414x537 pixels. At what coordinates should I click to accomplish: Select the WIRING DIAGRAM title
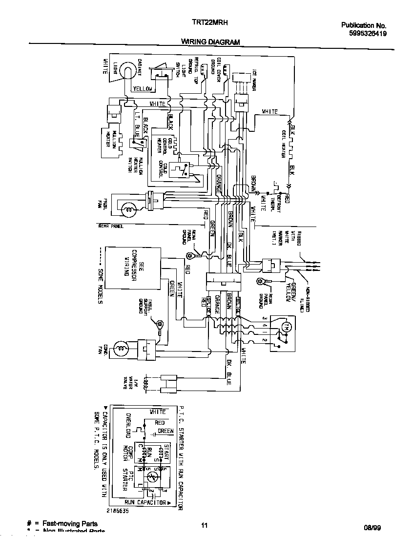click(x=210, y=42)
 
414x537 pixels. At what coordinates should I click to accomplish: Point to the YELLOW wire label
click(x=143, y=89)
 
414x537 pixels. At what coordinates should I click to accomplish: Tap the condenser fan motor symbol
click(x=121, y=349)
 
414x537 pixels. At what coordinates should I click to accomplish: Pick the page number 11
click(x=205, y=525)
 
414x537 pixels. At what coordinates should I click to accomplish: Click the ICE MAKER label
click(x=254, y=81)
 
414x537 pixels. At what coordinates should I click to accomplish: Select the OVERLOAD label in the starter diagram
click(x=128, y=428)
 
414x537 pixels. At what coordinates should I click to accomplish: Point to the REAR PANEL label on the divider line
click(x=111, y=227)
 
